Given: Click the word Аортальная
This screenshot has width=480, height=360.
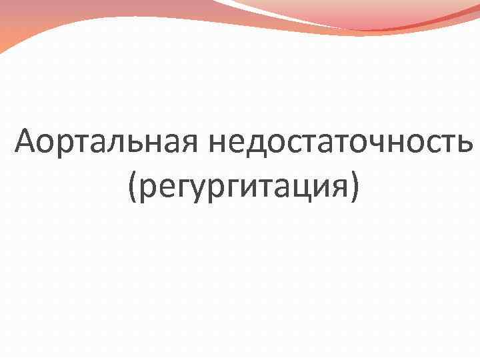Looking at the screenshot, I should (x=108, y=142).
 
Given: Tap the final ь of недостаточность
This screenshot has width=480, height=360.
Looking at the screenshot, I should (x=465, y=143).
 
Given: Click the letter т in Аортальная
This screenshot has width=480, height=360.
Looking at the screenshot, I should (x=84, y=143).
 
